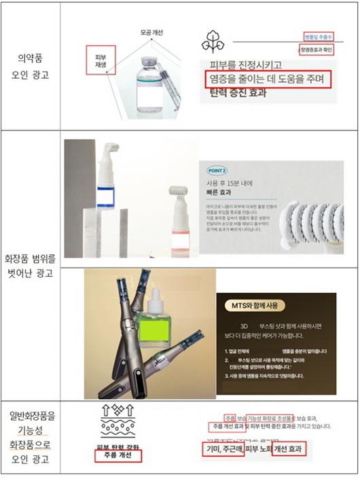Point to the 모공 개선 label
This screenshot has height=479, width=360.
pyautogui.click(x=151, y=33)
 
